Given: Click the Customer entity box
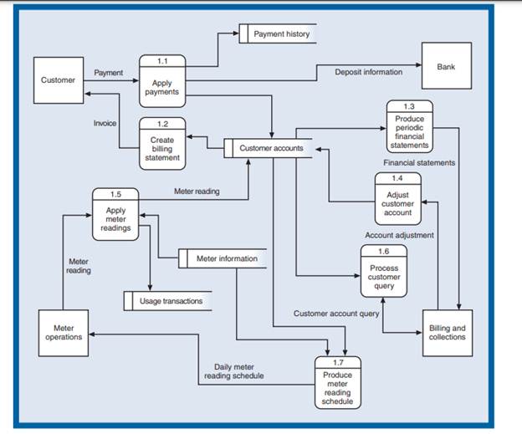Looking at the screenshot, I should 57,80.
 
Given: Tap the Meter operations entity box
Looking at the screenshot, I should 62,332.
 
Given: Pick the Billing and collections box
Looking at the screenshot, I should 447,332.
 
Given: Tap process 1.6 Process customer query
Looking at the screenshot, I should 384,272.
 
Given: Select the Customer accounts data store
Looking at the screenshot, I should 266,149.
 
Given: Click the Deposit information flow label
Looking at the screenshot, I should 368,72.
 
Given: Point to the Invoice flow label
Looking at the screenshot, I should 105,123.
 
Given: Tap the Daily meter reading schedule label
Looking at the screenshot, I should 238,370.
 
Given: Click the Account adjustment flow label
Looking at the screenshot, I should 399,235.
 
